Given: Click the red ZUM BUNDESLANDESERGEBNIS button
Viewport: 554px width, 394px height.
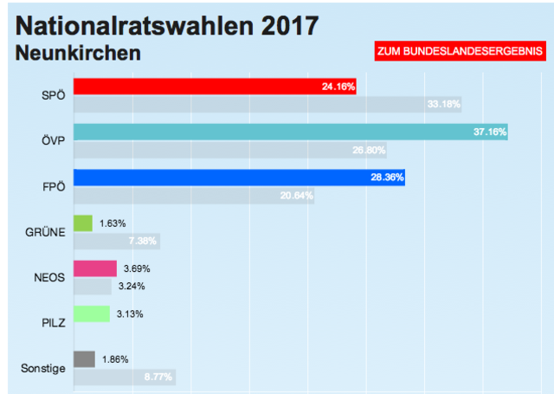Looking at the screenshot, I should [x=459, y=52].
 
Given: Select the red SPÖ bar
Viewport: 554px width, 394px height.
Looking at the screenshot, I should [x=215, y=87].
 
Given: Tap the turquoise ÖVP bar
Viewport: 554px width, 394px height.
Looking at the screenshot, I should [x=290, y=132].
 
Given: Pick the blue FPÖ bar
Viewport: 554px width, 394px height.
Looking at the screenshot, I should [x=239, y=178].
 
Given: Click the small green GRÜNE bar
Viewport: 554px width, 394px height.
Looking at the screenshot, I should [x=83, y=223].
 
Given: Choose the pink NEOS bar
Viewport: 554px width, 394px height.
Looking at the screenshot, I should [x=95, y=268].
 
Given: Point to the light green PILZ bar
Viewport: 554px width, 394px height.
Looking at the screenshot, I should [x=92, y=313].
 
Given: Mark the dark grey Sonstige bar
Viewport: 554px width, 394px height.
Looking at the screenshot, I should [x=84, y=358].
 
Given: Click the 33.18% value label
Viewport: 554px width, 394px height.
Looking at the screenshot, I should [x=444, y=105].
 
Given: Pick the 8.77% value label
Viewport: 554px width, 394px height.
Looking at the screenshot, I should [x=157, y=377].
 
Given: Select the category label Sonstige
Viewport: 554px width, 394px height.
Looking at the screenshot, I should [x=42, y=369].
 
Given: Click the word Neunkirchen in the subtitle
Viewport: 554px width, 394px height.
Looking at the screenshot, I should [x=79, y=54].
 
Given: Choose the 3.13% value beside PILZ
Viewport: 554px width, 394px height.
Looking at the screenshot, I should [x=130, y=313].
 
